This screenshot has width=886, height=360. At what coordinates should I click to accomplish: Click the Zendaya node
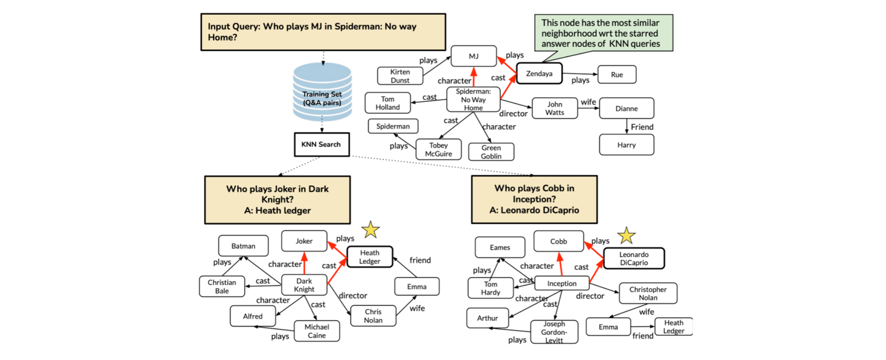tap(539, 74)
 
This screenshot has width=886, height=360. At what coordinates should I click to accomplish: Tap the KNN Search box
tap(321, 145)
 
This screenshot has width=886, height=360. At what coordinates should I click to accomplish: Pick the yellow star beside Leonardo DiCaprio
tap(626, 235)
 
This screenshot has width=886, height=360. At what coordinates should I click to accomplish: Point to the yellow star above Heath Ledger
tap(370, 230)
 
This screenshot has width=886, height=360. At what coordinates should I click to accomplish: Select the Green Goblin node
tap(491, 151)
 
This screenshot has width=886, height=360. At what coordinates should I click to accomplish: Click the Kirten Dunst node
tap(400, 76)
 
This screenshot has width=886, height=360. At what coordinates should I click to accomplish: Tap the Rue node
tap(617, 74)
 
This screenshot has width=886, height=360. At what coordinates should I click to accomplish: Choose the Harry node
tap(626, 145)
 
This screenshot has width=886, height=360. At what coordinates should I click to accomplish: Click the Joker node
tap(304, 241)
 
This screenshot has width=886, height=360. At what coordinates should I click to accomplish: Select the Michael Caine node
tap(317, 331)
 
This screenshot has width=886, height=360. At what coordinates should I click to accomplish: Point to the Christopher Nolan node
tap(648, 294)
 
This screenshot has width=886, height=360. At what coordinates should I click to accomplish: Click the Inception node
tap(562, 284)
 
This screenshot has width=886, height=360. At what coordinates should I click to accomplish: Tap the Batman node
tap(243, 246)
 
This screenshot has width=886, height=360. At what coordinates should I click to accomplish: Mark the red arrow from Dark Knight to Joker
tap(304, 263)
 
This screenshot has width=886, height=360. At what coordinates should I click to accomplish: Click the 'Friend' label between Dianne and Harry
tap(642, 127)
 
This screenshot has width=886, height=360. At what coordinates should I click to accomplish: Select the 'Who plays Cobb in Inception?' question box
tap(534, 199)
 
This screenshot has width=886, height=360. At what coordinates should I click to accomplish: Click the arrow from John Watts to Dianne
tap(589, 108)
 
